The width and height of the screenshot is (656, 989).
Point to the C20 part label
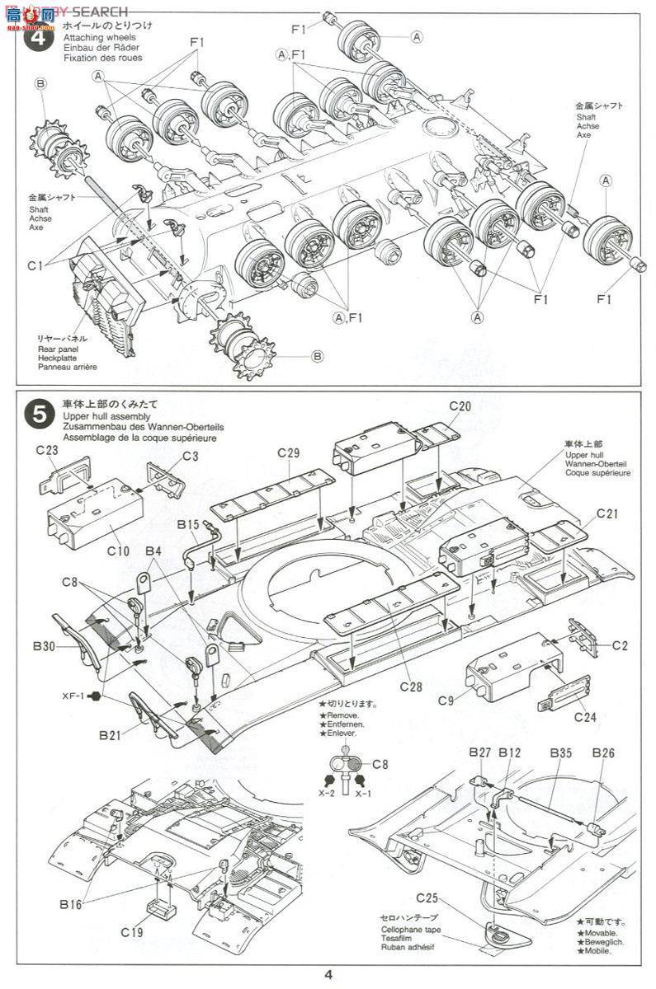point(460,406)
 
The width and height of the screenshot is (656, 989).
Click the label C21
point(607,513)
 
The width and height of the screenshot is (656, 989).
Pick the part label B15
point(188,523)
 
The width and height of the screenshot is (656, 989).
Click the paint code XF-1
point(73,696)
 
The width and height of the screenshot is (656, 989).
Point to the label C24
point(584,716)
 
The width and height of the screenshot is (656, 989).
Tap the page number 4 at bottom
point(328,975)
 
